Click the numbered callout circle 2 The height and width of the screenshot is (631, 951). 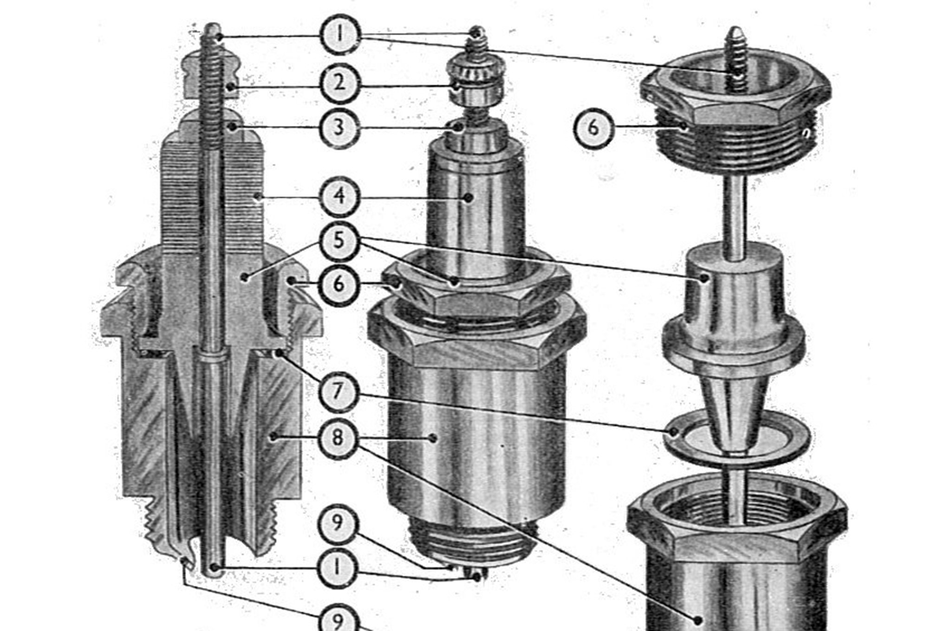click(339, 84)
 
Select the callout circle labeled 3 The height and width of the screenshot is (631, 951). click(339, 127)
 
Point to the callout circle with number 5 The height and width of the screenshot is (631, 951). click(339, 241)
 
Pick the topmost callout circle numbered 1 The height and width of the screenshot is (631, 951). click(339, 35)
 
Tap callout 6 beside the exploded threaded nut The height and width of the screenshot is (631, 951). click(593, 127)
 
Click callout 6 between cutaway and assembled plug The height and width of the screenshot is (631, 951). click(339, 284)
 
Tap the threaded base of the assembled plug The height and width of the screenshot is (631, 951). click(474, 543)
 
